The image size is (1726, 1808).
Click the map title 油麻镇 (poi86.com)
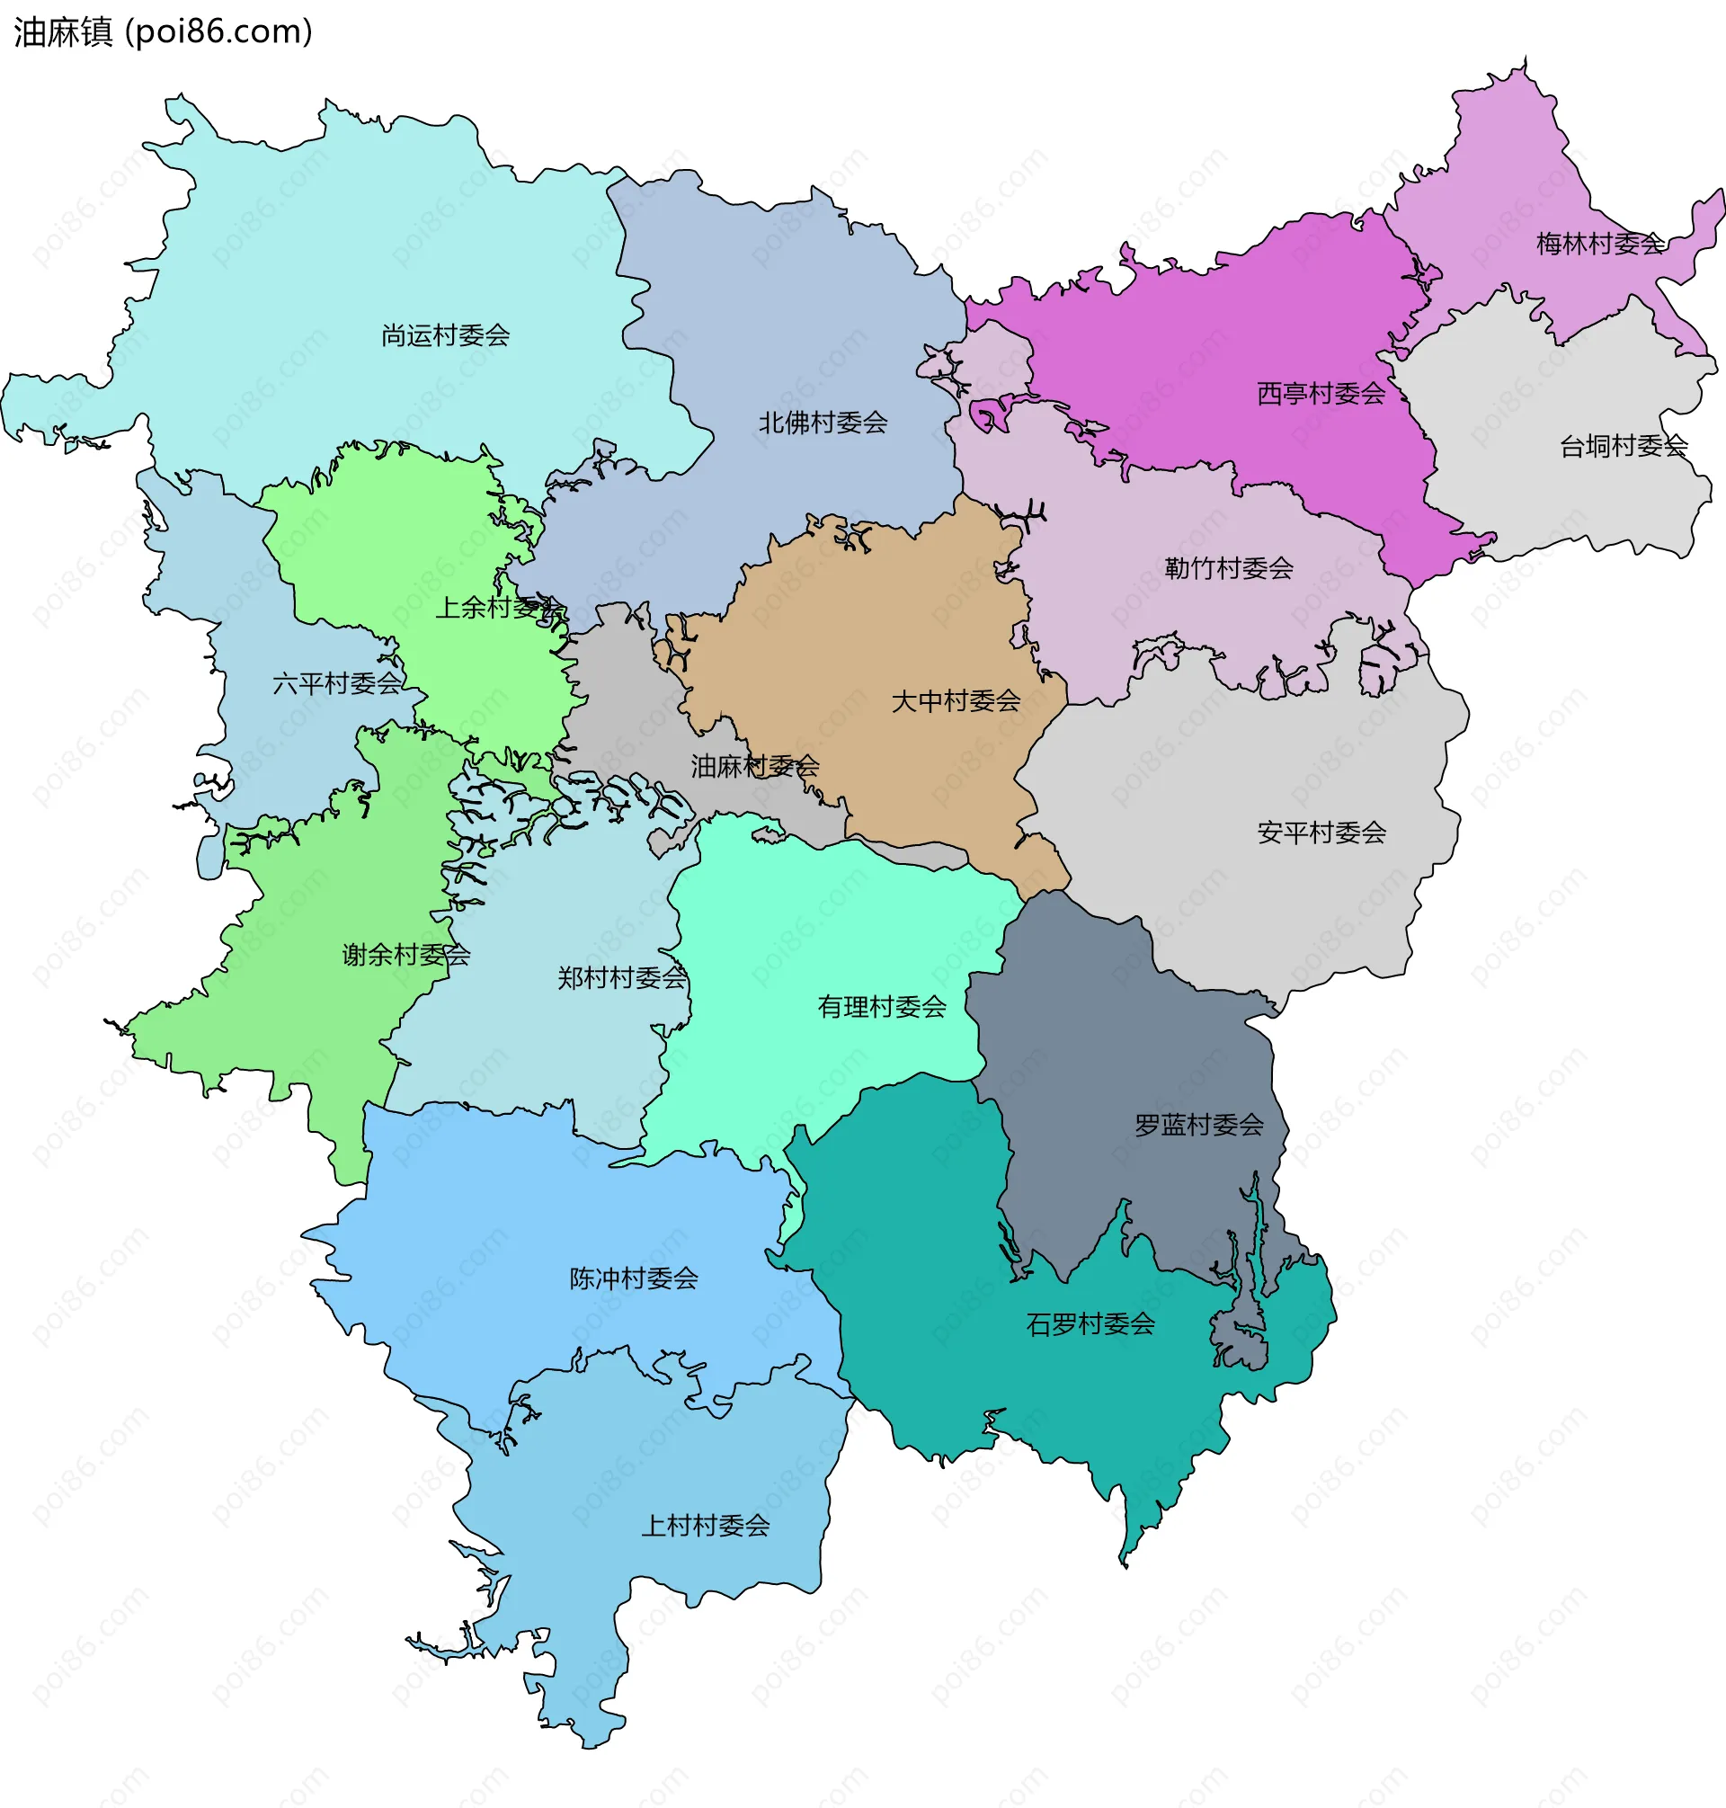[x=163, y=31]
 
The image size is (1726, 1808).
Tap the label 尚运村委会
[x=445, y=335]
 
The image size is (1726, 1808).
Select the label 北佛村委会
[x=823, y=423]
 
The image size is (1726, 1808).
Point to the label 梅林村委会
[x=1600, y=244]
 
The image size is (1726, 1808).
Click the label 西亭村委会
[x=1321, y=394]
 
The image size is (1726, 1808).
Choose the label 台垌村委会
[x=1623, y=446]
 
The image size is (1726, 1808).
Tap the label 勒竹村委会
[x=1228, y=567]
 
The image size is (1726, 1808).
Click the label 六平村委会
[x=337, y=682]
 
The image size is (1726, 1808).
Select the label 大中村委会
[x=956, y=701]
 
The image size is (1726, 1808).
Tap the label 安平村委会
[x=1321, y=833]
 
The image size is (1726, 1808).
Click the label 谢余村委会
[x=405, y=954]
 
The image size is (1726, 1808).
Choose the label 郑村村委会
[x=622, y=977]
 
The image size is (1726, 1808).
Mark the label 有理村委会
[x=881, y=1007]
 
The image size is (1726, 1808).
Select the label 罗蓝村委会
[x=1199, y=1125]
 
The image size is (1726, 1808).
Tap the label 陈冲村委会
[x=634, y=1278]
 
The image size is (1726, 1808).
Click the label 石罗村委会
[x=1090, y=1324]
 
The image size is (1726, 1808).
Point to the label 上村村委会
[x=705, y=1526]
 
